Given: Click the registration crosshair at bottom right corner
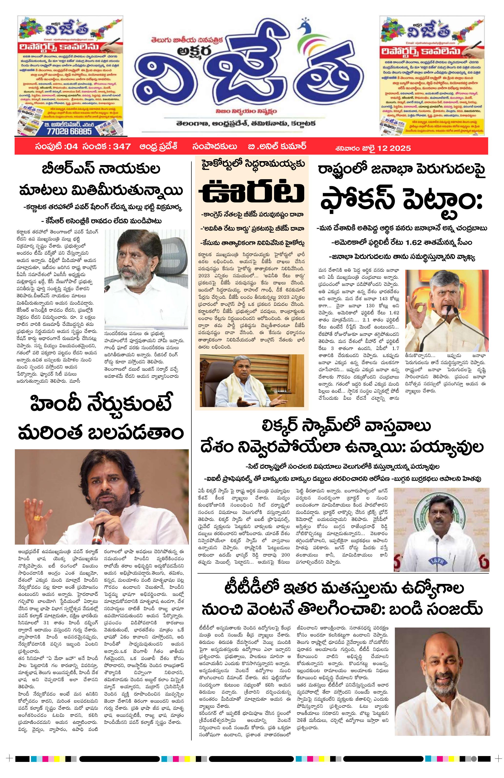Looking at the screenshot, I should coord(498,766).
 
